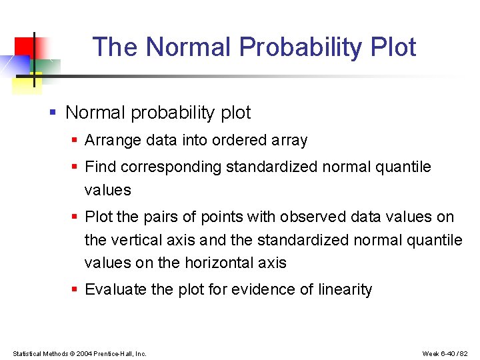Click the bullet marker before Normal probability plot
point(53,113)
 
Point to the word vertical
point(137,240)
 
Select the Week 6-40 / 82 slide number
point(445,353)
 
